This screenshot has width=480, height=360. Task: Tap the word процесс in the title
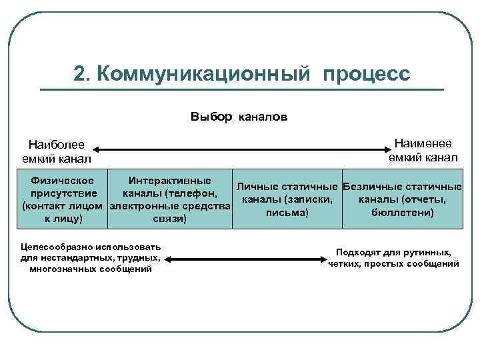pos(367,74)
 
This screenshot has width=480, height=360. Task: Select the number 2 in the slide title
pos(80,74)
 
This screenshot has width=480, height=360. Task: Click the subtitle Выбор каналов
pos(239,117)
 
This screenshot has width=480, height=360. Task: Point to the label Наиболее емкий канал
pos(57,151)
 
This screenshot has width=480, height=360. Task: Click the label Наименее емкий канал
pos(423,150)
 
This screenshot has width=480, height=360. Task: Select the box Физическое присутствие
pos(63,199)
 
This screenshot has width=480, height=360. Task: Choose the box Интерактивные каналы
pos(169,199)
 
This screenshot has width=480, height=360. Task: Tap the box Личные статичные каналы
pos(287,199)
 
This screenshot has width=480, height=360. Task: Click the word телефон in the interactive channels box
pos(191,193)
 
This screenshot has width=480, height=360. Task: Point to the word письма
pos(287,213)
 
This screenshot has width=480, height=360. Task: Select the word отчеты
pos(427,199)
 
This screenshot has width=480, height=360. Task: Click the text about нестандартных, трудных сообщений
pos(91,257)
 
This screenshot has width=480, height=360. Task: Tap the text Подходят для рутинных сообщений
pos(394,258)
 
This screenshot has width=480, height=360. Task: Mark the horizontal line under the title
pos(241,90)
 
